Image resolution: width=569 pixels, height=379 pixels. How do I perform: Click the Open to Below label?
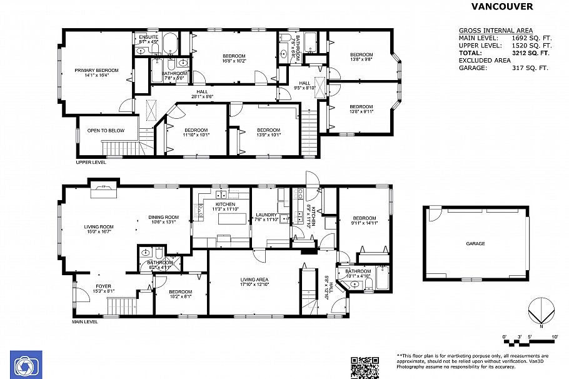pos(106,131)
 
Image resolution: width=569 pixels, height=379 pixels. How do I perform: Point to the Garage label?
pos(475,244)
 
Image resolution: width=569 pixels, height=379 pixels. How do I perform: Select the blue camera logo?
pos(26,364)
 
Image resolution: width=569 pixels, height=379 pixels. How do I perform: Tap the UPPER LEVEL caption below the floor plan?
pos(91,162)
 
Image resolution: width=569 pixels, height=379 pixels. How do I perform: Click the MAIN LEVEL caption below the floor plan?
pos(84,322)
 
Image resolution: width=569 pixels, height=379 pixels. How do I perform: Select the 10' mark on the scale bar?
pos(555,338)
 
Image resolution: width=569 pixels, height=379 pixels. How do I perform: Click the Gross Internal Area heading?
pos(495,30)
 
